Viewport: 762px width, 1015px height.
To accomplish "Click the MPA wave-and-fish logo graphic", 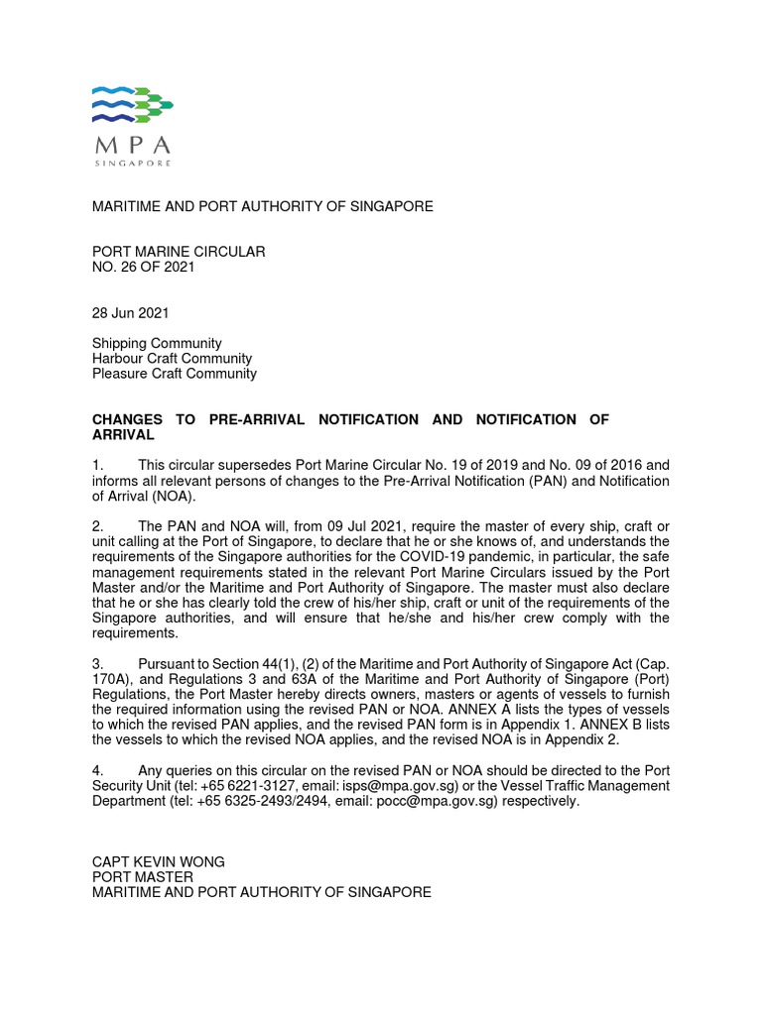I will tap(132, 104).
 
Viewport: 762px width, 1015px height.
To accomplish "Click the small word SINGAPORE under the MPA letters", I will tap(132, 162).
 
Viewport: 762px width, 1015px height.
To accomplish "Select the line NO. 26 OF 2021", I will tap(143, 268).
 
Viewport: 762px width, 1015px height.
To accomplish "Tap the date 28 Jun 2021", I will tap(130, 313).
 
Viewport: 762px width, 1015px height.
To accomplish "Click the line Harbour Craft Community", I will tap(172, 359).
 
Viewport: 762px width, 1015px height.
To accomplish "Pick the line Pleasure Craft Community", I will tap(174, 374).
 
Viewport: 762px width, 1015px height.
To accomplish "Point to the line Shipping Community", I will tap(157, 343).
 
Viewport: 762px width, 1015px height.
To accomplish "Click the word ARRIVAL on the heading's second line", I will tap(123, 435).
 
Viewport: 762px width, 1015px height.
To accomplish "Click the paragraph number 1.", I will tap(97, 464).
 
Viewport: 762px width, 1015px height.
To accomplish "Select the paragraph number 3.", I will tap(97, 663).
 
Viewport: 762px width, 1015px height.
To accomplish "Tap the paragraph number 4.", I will tap(97, 770).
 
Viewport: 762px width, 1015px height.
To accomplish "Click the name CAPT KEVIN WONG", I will tap(158, 862).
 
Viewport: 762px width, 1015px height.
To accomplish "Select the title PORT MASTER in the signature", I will tap(142, 877).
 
